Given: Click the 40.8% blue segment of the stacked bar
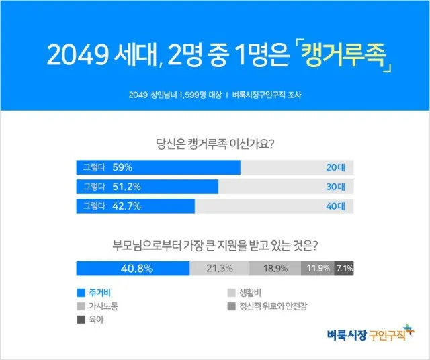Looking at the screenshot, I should (x=133, y=268).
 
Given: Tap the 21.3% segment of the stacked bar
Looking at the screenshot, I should (x=219, y=268).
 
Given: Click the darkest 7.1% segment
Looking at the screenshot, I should (x=344, y=268).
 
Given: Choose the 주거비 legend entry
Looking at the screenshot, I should (x=97, y=293).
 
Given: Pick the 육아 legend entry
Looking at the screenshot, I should (x=93, y=320).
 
